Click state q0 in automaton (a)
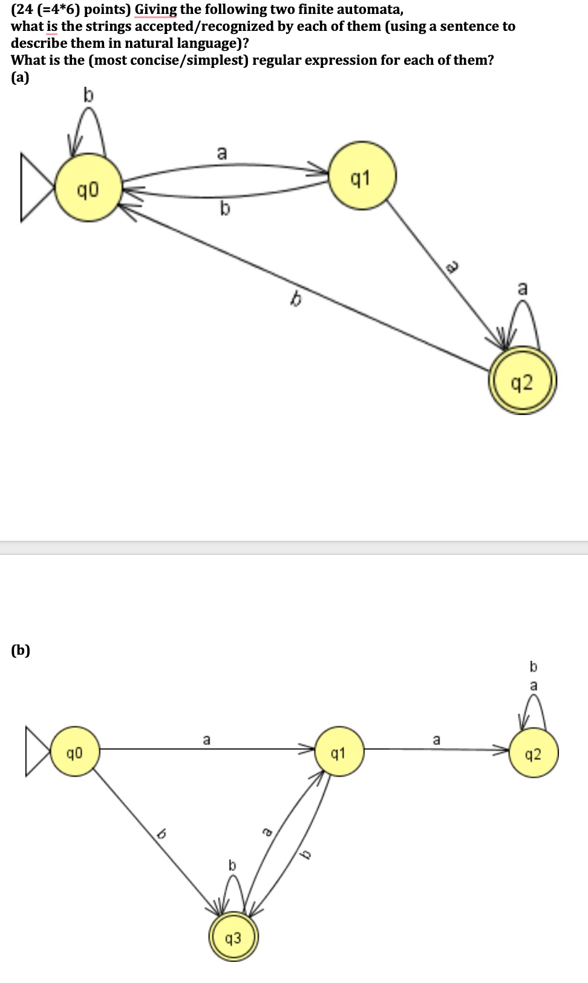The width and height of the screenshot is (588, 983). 88,191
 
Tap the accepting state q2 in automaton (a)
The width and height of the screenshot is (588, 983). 522,381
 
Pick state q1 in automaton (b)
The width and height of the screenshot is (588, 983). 339,753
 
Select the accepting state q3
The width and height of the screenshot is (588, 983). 233,938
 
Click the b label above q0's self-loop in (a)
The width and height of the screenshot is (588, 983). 89,94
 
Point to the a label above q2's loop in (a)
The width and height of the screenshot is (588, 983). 523,288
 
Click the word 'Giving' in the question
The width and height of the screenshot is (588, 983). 155,9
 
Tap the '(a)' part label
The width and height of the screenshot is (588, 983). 20,77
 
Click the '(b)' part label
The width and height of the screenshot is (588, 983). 21,650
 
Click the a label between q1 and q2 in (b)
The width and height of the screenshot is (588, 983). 436,740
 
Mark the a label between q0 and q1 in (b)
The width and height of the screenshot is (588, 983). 206,740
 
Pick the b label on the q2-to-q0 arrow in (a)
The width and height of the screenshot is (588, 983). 296,299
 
